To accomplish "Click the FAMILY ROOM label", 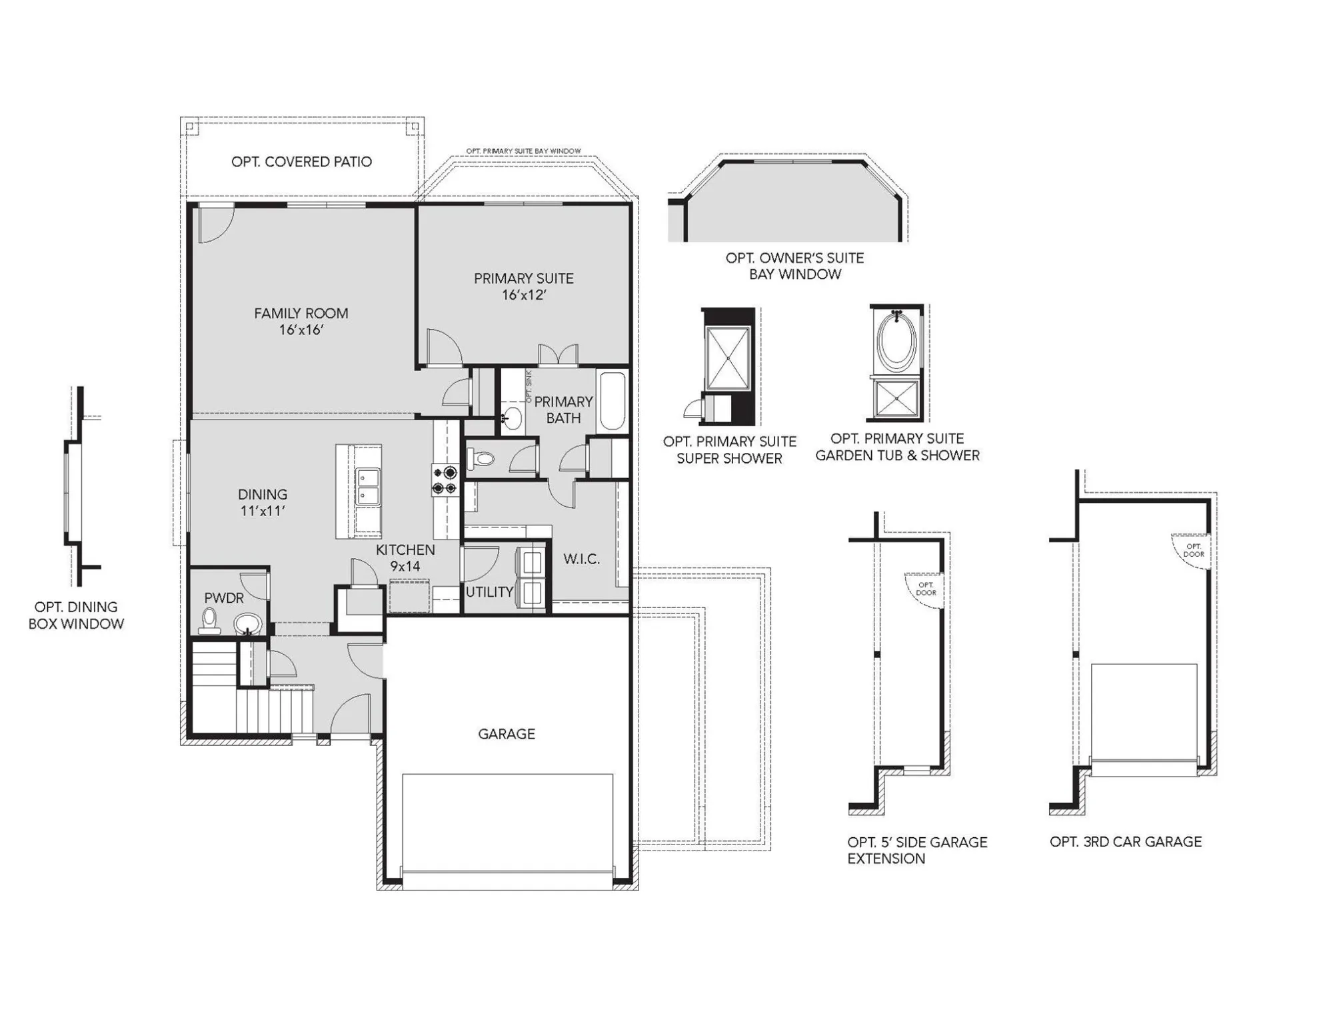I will (301, 321).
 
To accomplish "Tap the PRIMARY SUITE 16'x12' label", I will (523, 286).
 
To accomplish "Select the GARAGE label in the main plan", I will (507, 734).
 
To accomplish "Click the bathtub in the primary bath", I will (612, 402).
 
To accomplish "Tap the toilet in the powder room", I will (210, 619).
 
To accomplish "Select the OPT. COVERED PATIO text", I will (301, 162).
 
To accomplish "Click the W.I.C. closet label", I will (581, 559).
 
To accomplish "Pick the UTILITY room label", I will (489, 592).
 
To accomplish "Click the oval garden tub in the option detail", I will (896, 342).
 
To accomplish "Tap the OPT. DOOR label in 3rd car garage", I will (1194, 550).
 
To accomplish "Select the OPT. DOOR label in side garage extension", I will (926, 589).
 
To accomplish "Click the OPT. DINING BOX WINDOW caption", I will (76, 615).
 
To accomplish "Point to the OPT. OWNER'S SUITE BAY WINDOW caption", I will (794, 266).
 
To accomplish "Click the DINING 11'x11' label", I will (263, 502).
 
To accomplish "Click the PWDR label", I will (224, 598).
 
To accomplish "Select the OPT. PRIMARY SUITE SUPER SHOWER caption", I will (729, 450).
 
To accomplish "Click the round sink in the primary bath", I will (512, 418).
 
